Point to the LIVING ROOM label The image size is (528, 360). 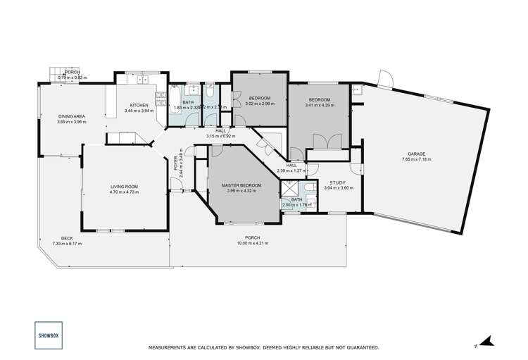point(123,186)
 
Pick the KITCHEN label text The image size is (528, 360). point(138,105)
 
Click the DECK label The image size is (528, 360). point(67,238)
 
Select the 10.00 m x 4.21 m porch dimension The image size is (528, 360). point(253,243)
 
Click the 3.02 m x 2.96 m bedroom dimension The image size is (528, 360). point(259,104)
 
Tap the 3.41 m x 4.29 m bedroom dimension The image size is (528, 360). point(320,106)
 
